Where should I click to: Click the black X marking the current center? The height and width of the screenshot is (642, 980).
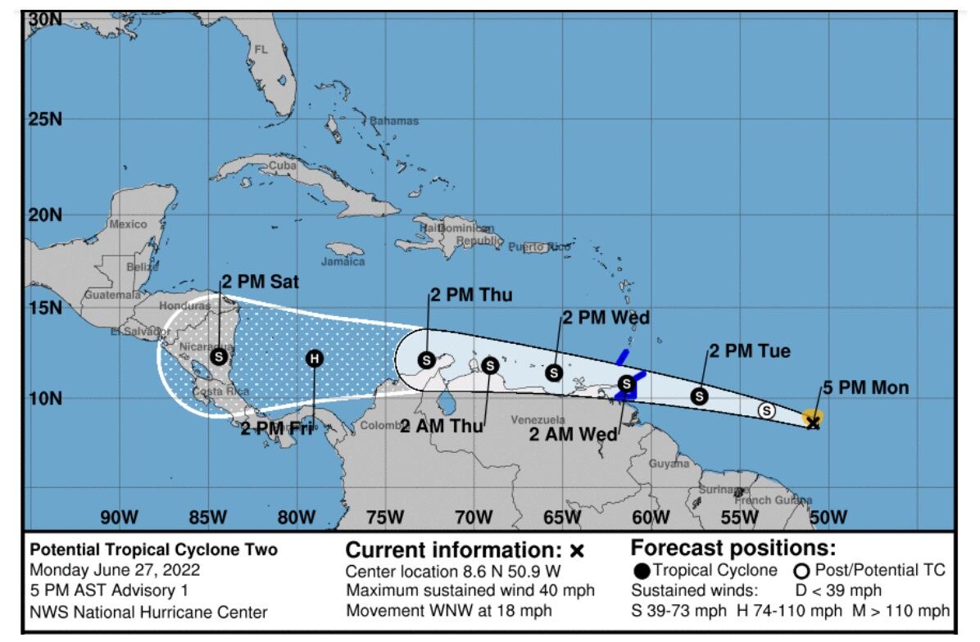813,423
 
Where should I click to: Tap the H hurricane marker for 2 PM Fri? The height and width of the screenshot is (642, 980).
315,359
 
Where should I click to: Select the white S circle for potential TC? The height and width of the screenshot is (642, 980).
767,411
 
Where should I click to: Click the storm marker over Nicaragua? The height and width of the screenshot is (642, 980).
218,356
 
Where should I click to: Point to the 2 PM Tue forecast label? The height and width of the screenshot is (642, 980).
750,351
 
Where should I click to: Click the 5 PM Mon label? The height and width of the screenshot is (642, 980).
866,388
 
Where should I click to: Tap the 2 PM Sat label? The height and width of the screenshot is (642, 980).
260,283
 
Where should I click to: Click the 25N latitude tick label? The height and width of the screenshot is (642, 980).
45,120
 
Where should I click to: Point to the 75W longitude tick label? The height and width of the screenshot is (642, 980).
384,518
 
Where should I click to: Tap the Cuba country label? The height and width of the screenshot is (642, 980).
282,165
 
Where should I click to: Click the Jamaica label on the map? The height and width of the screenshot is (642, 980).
343,262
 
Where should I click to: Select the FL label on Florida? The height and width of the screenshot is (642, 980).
261,50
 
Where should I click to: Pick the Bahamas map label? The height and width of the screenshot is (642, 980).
394,121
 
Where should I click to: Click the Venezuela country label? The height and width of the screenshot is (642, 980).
538,420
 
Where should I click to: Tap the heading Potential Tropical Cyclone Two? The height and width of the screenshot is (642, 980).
153,550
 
